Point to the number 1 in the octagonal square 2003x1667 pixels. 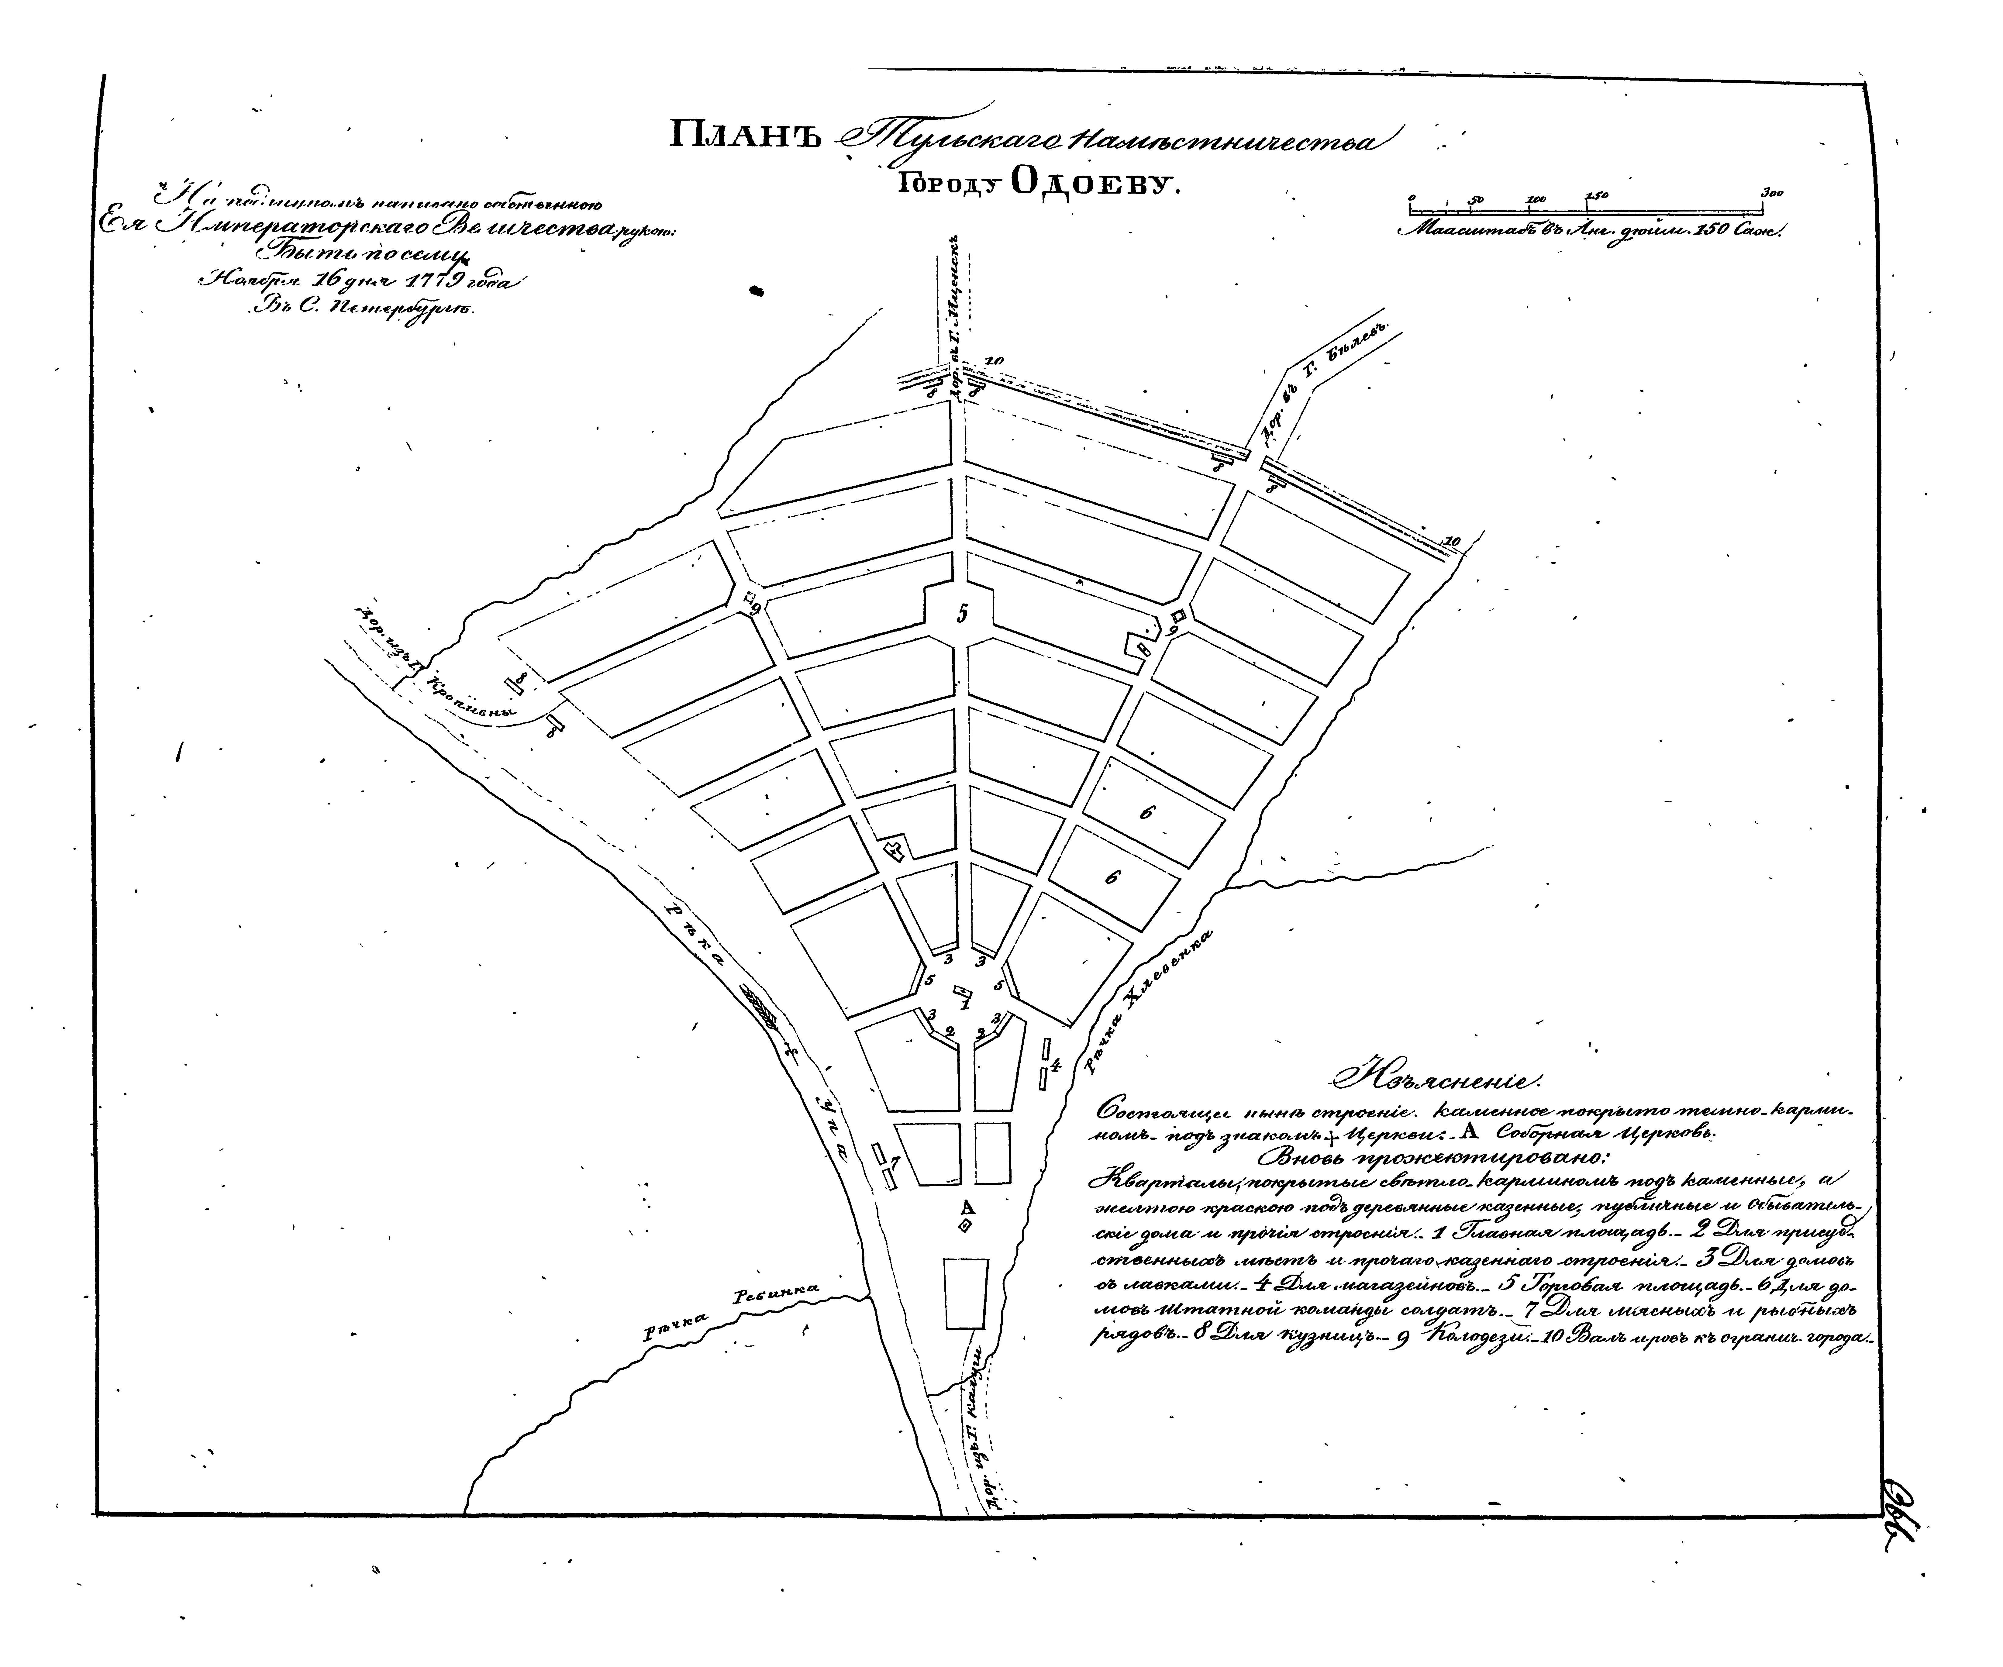964,1003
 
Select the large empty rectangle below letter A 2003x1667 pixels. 965,1292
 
